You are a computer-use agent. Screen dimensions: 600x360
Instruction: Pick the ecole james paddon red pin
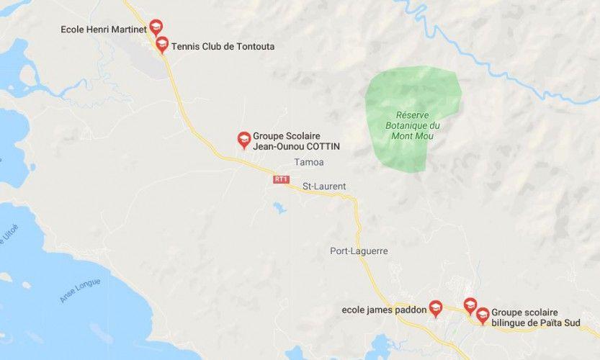pyautogui.click(x=435, y=308)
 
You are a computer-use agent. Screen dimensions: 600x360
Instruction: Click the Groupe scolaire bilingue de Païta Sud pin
pyautogui.click(x=483, y=315)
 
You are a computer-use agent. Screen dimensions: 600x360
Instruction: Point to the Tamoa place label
pyautogui.click(x=309, y=162)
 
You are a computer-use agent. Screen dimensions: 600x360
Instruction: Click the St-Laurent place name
pyautogui.click(x=323, y=186)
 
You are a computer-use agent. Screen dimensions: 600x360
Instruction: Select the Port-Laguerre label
pyautogui.click(x=359, y=251)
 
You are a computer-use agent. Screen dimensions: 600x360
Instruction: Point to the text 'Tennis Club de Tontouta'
pyautogui.click(x=223, y=47)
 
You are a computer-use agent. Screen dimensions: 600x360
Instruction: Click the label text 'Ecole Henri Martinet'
pyautogui.click(x=104, y=30)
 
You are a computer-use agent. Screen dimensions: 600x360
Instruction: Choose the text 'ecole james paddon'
pyautogui.click(x=384, y=310)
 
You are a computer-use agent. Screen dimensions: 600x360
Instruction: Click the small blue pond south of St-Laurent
pyautogui.click(x=279, y=208)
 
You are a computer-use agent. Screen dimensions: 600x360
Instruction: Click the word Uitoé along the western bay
pyautogui.click(x=9, y=235)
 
